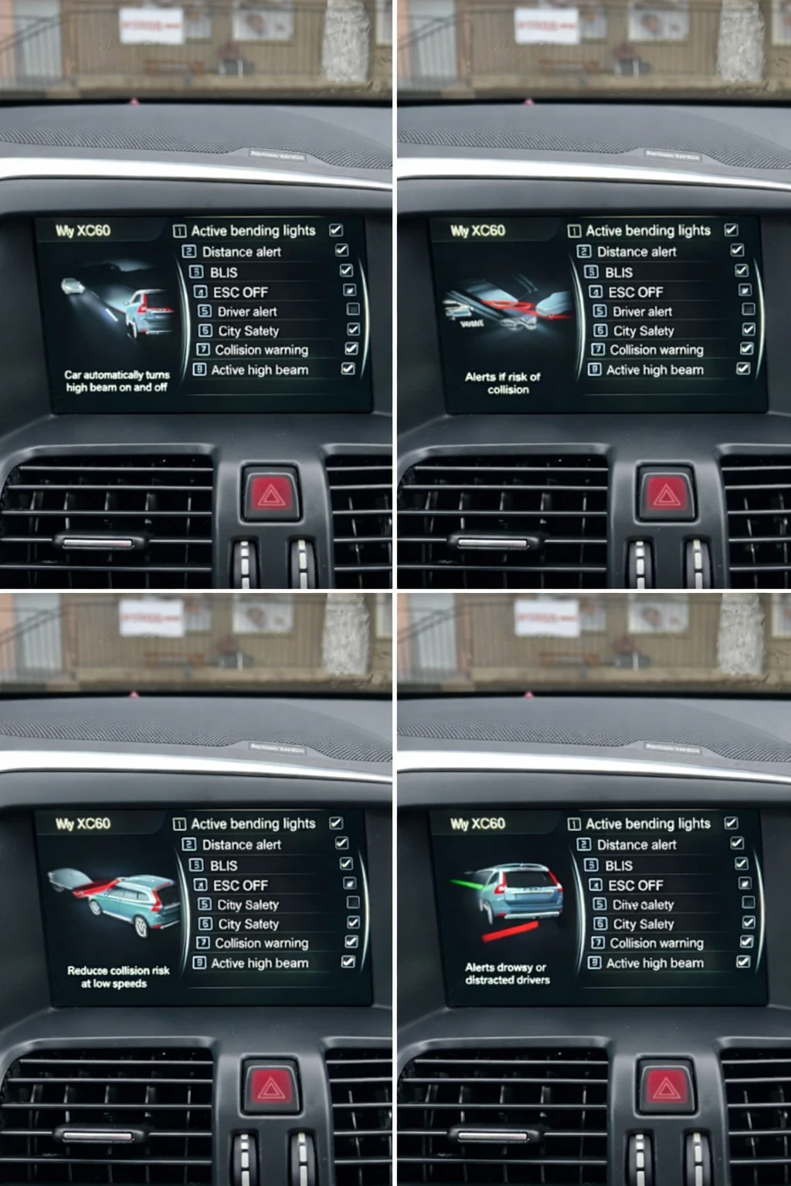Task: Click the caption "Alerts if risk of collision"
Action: tap(503, 383)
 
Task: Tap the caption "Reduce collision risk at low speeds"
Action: tap(117, 977)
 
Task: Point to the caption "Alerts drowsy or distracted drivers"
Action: tap(507, 973)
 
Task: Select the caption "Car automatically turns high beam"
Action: tap(117, 381)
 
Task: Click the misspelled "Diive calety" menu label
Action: tap(643, 904)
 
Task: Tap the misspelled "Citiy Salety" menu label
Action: tap(247, 904)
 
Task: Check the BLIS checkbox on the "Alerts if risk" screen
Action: tap(742, 270)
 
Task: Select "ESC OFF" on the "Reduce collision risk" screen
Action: tap(240, 885)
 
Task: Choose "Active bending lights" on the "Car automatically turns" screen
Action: tap(253, 230)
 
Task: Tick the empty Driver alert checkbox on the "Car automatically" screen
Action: tap(353, 310)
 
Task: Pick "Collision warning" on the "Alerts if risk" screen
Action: tap(656, 350)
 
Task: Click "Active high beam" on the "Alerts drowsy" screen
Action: tap(654, 963)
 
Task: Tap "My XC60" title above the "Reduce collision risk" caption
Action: tap(83, 823)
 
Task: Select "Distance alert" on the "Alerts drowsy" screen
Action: tap(636, 845)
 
